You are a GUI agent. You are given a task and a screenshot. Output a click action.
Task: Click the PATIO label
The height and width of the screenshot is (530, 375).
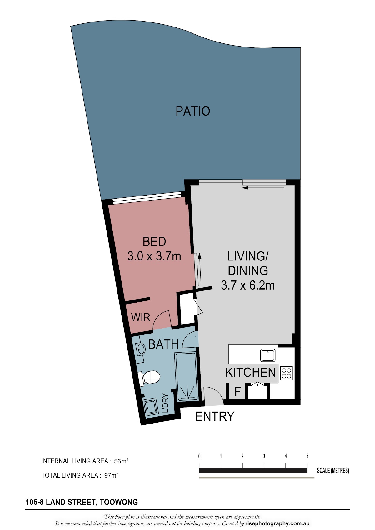193,111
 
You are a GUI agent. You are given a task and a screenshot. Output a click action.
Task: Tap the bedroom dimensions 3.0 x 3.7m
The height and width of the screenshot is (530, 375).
154,256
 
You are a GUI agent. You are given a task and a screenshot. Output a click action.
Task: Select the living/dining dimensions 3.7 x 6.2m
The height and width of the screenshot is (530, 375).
247,285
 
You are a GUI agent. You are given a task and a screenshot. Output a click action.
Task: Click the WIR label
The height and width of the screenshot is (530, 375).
141,317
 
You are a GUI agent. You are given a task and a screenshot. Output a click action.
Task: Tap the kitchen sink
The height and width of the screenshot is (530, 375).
268,356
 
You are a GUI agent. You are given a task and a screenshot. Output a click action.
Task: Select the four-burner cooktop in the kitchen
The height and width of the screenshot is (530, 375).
287,373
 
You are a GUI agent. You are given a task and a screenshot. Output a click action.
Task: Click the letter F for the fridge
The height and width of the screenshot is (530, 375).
237,392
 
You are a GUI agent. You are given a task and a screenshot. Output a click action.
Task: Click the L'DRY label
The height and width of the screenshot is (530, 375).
166,403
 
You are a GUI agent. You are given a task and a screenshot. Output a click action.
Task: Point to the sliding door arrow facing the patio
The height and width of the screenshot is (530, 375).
263,188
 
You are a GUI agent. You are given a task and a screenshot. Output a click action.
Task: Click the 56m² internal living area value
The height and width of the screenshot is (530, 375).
121,461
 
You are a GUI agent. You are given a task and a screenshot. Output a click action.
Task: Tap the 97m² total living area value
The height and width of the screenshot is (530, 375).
111,475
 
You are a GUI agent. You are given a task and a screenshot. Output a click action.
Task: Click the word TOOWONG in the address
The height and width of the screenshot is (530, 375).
119,502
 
